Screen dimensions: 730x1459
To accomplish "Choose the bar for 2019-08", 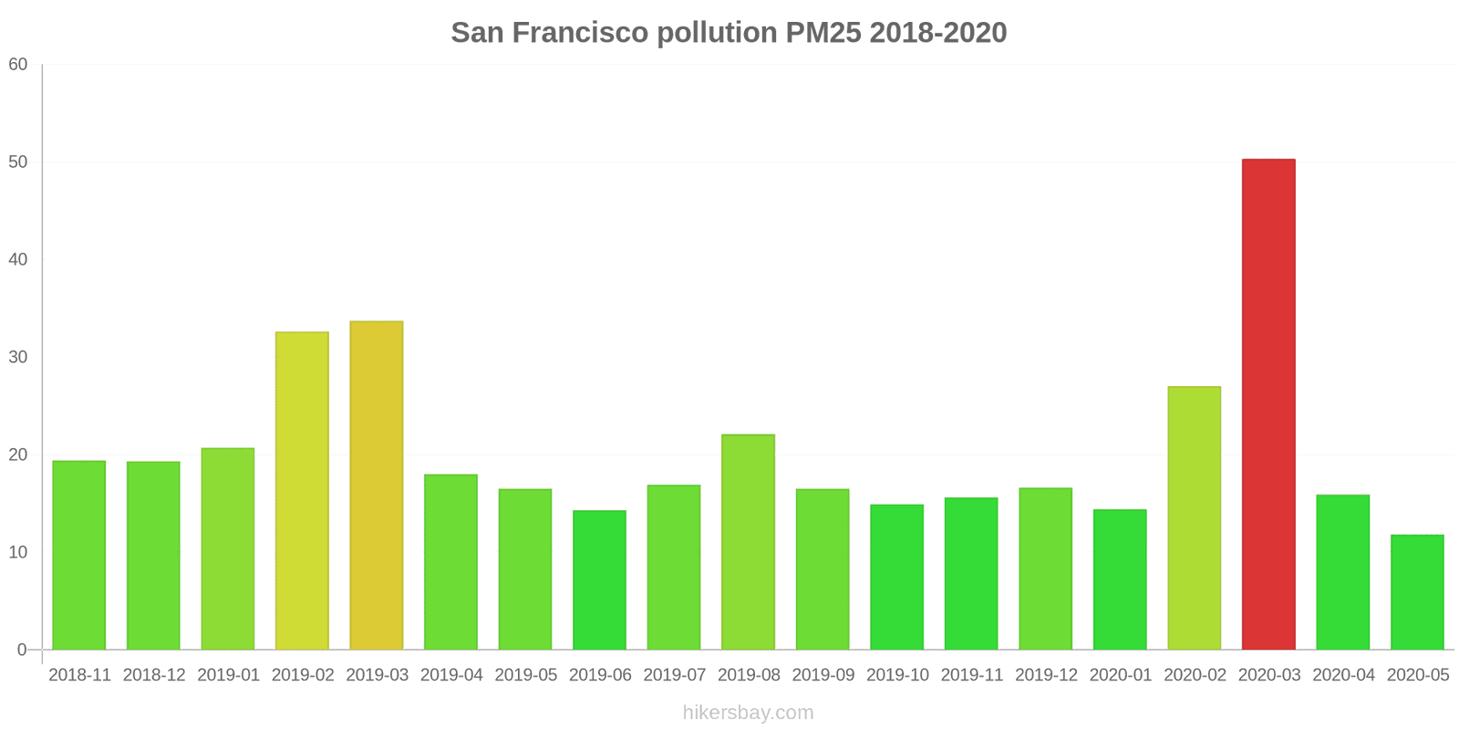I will (x=748, y=542).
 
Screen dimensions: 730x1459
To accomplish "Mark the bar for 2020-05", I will (x=1417, y=592).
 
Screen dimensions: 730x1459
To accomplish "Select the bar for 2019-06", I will (x=599, y=580).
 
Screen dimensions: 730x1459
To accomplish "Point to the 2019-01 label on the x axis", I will (x=228, y=675).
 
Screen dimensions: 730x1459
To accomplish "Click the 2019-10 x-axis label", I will (x=897, y=675).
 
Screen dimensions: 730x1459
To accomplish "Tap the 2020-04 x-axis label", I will (x=1343, y=675).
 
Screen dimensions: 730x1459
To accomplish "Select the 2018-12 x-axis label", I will (x=154, y=675).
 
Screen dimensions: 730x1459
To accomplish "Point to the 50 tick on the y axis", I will (x=18, y=162).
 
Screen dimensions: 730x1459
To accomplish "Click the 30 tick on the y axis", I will (x=18, y=358).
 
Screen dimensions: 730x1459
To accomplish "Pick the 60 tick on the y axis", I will (x=18, y=65).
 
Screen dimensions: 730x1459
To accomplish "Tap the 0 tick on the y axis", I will (x=23, y=651).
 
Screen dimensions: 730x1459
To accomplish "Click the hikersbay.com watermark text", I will (x=748, y=713).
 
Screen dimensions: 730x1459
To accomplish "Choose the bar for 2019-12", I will (x=1045, y=568).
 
